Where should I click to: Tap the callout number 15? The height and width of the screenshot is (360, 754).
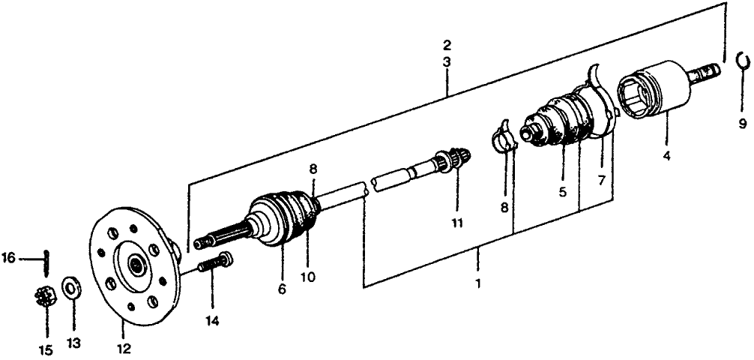(46, 349)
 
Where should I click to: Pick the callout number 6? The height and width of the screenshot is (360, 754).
(282, 289)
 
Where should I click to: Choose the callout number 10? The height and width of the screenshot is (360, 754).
(307, 277)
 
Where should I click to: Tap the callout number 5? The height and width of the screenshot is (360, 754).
(562, 193)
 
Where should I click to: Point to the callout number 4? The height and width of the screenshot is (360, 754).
(666, 157)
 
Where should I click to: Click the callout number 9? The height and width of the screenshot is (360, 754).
(742, 123)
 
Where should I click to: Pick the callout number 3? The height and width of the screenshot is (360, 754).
(446, 63)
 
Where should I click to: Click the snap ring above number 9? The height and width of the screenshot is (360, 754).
(742, 61)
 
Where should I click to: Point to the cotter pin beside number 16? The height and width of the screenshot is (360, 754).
(46, 259)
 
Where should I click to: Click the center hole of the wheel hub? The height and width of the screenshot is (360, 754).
(136, 265)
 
